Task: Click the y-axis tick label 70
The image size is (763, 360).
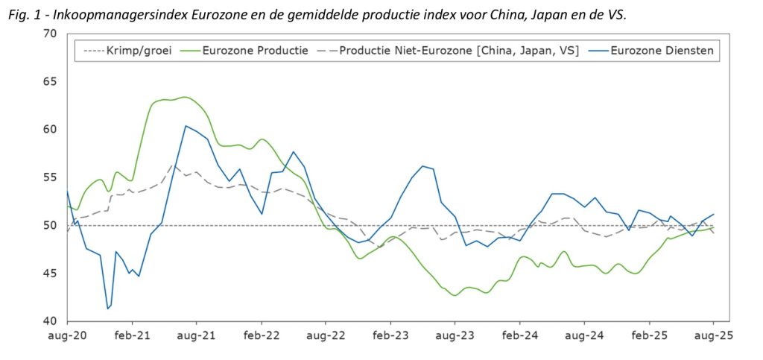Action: [50, 34]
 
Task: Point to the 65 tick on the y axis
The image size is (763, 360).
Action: [50, 81]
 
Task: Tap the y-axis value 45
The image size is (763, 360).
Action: [50, 274]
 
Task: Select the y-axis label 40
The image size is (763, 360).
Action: [50, 321]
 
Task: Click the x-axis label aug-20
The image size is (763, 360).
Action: [68, 336]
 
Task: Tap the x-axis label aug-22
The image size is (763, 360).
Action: [326, 336]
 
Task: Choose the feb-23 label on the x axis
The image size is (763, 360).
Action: [390, 336]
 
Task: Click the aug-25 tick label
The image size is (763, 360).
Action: [713, 336]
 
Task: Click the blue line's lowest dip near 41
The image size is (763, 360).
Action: [108, 309]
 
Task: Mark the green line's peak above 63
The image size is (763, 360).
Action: [185, 97]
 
